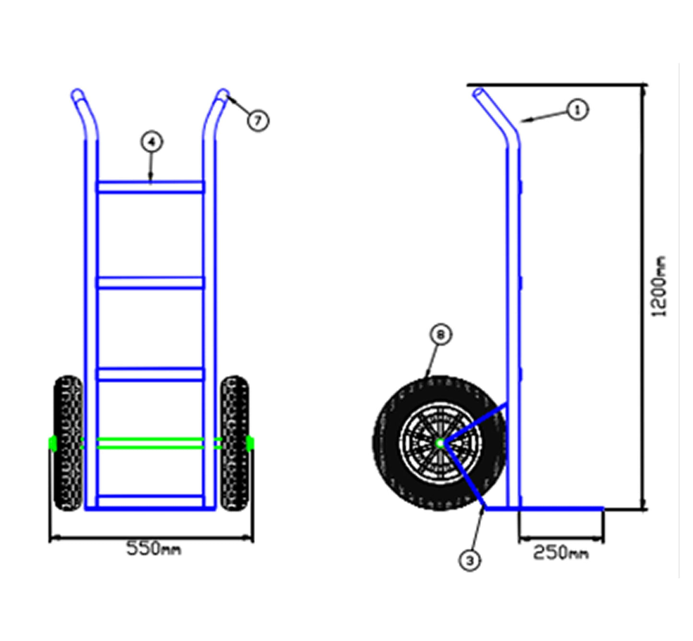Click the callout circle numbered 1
click(x=577, y=110)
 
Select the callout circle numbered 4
click(x=152, y=142)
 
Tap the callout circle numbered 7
click(x=258, y=120)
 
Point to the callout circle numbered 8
click(x=441, y=335)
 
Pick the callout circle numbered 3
click(x=470, y=560)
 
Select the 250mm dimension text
click(x=560, y=553)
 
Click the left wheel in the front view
click(x=68, y=443)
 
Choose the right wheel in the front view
click(x=235, y=443)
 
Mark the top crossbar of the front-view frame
click(x=151, y=187)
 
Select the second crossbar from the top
click(x=151, y=282)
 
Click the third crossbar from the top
click(x=151, y=374)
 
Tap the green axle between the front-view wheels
click(x=151, y=443)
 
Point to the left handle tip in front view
click(x=77, y=94)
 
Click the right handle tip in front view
click(x=223, y=94)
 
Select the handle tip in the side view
click(x=478, y=93)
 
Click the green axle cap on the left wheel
click(x=52, y=443)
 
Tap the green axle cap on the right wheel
click(x=250, y=443)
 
